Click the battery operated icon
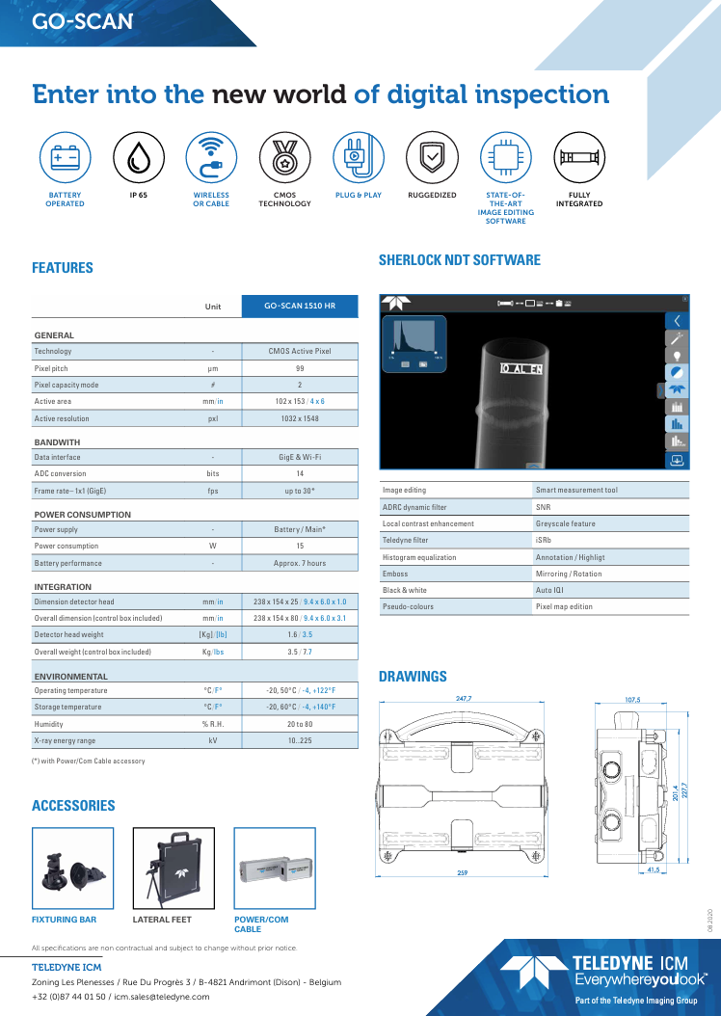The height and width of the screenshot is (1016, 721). pos(65,156)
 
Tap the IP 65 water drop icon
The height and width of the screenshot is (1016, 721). pos(138,156)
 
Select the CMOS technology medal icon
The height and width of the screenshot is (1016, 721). pos(284,156)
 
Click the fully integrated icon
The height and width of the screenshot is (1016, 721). pos(579,156)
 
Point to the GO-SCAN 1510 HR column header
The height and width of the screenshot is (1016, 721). pos(299,307)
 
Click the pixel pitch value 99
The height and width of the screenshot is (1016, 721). pos(299,368)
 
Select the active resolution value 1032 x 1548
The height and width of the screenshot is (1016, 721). pos(299,418)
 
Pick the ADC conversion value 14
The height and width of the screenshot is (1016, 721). pos(299,473)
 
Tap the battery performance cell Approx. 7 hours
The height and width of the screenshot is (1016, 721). pos(299,563)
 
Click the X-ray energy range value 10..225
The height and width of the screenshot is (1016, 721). pos(299,740)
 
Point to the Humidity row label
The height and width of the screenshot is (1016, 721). pos(48,724)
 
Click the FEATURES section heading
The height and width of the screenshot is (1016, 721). pos(63,268)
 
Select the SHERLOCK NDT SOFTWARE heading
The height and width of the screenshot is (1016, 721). pos(460,260)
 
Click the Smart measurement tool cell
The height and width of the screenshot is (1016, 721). pos(576,490)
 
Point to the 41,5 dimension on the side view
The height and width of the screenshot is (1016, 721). pos(654,870)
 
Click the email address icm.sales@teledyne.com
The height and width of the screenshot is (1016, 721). pos(162,997)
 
